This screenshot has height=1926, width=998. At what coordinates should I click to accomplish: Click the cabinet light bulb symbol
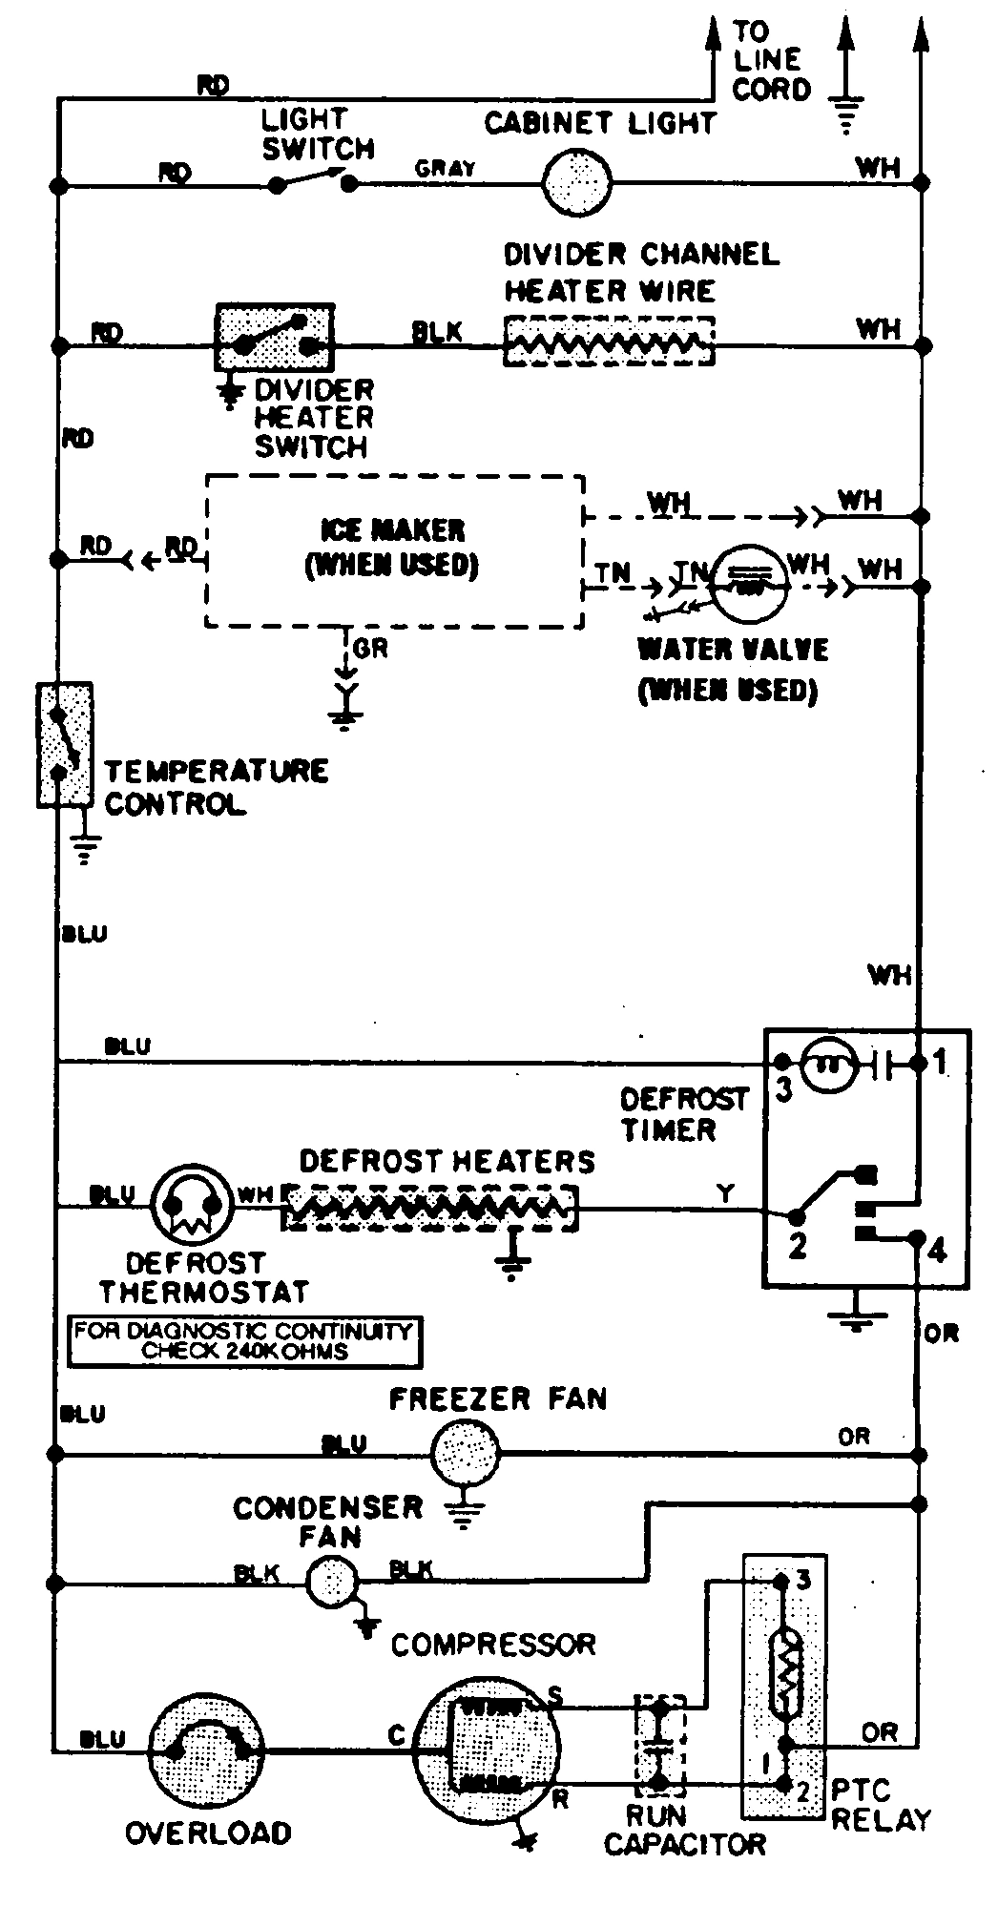click(577, 181)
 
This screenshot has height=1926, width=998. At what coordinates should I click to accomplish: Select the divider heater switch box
click(276, 338)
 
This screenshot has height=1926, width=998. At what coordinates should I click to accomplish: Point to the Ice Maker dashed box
click(394, 550)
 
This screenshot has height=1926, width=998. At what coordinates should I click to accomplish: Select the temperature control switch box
click(64, 744)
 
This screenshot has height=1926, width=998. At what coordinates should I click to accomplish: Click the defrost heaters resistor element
click(429, 1208)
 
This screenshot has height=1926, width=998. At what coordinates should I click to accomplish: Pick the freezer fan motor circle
click(466, 1453)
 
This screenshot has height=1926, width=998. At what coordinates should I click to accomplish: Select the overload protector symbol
click(207, 1749)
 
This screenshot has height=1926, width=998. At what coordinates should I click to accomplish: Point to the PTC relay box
click(784, 1686)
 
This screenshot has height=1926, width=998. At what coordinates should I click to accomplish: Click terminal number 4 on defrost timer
click(937, 1250)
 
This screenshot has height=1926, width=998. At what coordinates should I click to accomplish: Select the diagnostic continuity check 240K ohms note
click(245, 1340)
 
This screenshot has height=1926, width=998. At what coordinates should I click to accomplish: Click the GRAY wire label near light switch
click(445, 168)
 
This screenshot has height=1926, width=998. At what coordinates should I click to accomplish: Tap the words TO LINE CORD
click(771, 61)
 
